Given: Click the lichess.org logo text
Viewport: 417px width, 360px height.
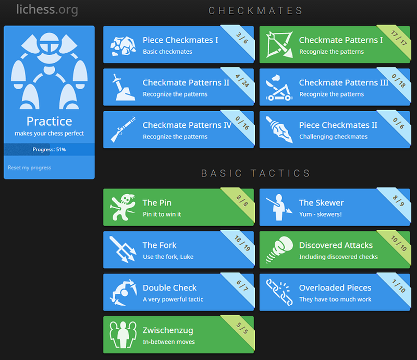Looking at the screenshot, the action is (x=47, y=9).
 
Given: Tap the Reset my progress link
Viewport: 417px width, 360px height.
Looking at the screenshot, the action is (x=30, y=167).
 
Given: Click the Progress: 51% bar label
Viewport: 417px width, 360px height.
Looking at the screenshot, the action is (x=49, y=149).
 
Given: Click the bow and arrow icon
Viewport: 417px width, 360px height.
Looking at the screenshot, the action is (x=279, y=44).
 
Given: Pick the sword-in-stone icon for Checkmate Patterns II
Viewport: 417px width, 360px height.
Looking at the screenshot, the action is (x=123, y=87).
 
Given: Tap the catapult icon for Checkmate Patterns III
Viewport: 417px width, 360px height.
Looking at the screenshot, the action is (x=279, y=88).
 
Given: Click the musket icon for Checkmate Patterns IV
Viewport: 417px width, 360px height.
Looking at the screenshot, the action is (x=123, y=129).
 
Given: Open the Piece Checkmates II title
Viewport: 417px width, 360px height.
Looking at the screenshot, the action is (x=338, y=125).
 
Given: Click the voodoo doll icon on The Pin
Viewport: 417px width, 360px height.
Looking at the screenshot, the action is (x=123, y=207).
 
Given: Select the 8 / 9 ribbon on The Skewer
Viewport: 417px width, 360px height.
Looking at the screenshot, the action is (x=398, y=201).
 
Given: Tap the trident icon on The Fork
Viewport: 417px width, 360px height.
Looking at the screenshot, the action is (x=123, y=249).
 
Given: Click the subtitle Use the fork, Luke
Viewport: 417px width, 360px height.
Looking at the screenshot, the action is (x=168, y=257).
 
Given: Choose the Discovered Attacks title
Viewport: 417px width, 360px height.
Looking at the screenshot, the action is (x=336, y=245).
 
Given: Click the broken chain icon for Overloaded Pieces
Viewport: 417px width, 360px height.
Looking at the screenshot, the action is (x=279, y=292).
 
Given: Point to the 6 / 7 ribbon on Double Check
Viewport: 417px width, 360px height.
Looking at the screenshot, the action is (x=242, y=286).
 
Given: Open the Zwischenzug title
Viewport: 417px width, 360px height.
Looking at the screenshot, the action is (x=168, y=330).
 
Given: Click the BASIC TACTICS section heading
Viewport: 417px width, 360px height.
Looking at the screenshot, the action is (x=256, y=173).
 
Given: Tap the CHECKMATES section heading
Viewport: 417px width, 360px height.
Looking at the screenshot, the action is (x=255, y=10).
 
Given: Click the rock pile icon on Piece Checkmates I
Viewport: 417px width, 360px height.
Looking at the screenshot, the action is (x=123, y=46).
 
